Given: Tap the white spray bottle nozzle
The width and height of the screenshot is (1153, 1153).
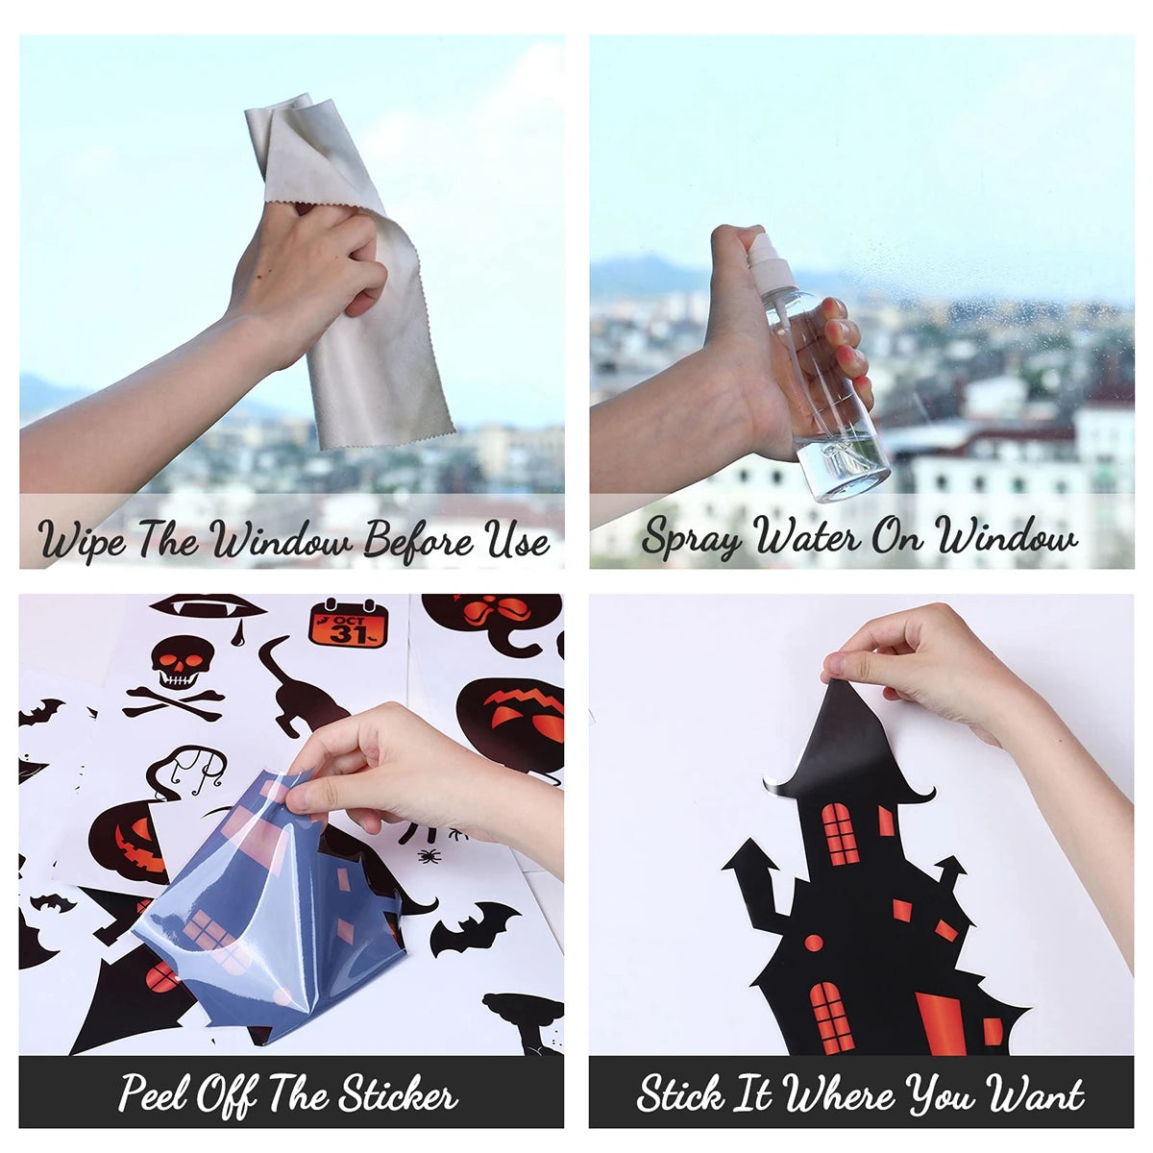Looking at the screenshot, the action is point(770,258).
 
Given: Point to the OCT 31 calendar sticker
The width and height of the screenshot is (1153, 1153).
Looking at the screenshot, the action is point(348,623).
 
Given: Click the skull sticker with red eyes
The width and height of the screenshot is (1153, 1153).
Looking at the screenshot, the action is point(181,662).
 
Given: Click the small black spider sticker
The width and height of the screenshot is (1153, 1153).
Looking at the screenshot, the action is point(429,857).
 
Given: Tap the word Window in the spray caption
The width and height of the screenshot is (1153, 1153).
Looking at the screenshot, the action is point(1005,535).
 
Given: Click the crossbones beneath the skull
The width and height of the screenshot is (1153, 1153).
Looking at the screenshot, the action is point(174,703).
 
